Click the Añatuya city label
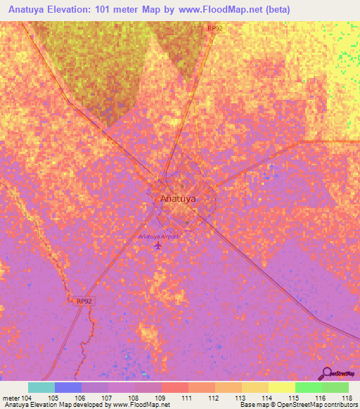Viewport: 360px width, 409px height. click(x=178, y=198)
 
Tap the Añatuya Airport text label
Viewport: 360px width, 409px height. click(x=159, y=236)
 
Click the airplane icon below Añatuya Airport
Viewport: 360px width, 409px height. click(x=157, y=246)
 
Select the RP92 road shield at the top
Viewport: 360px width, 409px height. click(x=215, y=28)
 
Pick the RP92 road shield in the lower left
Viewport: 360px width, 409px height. click(x=84, y=301)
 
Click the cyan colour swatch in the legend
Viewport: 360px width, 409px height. click(x=41, y=387)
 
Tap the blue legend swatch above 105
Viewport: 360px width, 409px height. click(x=67, y=387)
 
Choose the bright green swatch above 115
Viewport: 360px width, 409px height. click(x=308, y=387)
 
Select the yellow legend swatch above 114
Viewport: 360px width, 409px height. click(x=255, y=387)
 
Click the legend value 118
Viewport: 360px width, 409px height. click(x=347, y=398)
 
